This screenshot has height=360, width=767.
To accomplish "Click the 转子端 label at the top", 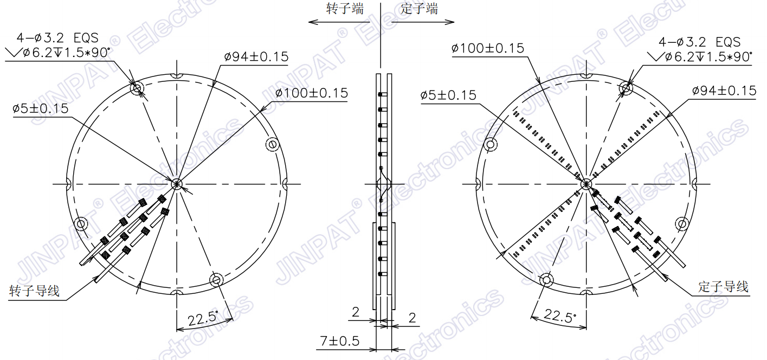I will tap(345, 9).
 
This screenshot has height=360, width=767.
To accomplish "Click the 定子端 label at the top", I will tap(419, 9).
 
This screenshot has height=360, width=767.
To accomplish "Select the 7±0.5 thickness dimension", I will tap(340, 341).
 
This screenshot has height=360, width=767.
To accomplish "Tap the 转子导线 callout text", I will tap(34, 291).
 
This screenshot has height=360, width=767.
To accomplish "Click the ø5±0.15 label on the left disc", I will tap(41, 108).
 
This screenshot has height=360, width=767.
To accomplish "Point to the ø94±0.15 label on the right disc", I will tap(724, 91).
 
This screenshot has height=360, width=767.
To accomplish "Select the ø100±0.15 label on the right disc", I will tap(488, 48).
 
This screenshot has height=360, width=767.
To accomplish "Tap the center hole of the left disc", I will tap(177, 184).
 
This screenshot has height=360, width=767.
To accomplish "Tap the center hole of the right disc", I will tap(585, 184).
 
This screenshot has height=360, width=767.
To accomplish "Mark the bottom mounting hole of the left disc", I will tap(216, 280).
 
